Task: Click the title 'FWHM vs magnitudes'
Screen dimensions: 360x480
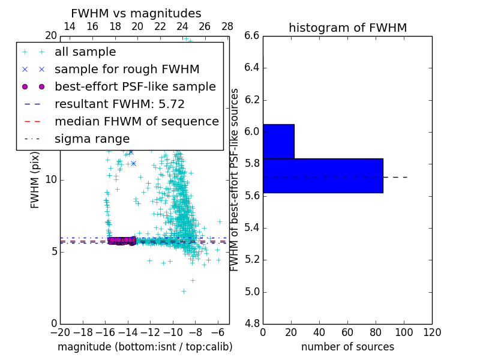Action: pyautogui.click(x=136, y=13)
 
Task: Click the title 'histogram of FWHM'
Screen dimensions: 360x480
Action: pyautogui.click(x=347, y=28)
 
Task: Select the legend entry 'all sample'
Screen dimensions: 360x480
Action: pyautogui.click(x=85, y=52)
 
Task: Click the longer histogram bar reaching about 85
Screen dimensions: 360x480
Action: pyautogui.click(x=323, y=175)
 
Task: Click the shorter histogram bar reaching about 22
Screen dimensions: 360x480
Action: pyautogui.click(x=278, y=141)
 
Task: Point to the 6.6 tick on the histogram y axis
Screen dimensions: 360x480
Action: pyautogui.click(x=251, y=35)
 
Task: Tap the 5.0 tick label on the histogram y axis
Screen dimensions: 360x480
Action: pyautogui.click(x=251, y=292)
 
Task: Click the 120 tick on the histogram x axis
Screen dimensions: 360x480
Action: pyautogui.click(x=432, y=332)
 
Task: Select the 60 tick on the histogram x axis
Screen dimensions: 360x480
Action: pyautogui.click(x=347, y=332)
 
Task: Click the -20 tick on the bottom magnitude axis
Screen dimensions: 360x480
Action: pyautogui.click(x=60, y=332)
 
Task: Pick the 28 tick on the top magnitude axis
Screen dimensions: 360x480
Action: pyautogui.click(x=227, y=26)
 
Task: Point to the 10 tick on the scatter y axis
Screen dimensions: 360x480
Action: pyautogui.click(x=51, y=179)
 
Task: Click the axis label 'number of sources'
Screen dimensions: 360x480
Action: pyautogui.click(x=347, y=347)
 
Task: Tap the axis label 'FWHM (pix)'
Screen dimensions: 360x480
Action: pyautogui.click(x=35, y=179)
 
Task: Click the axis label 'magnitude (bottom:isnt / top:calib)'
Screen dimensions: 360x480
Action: pyautogui.click(x=145, y=347)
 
